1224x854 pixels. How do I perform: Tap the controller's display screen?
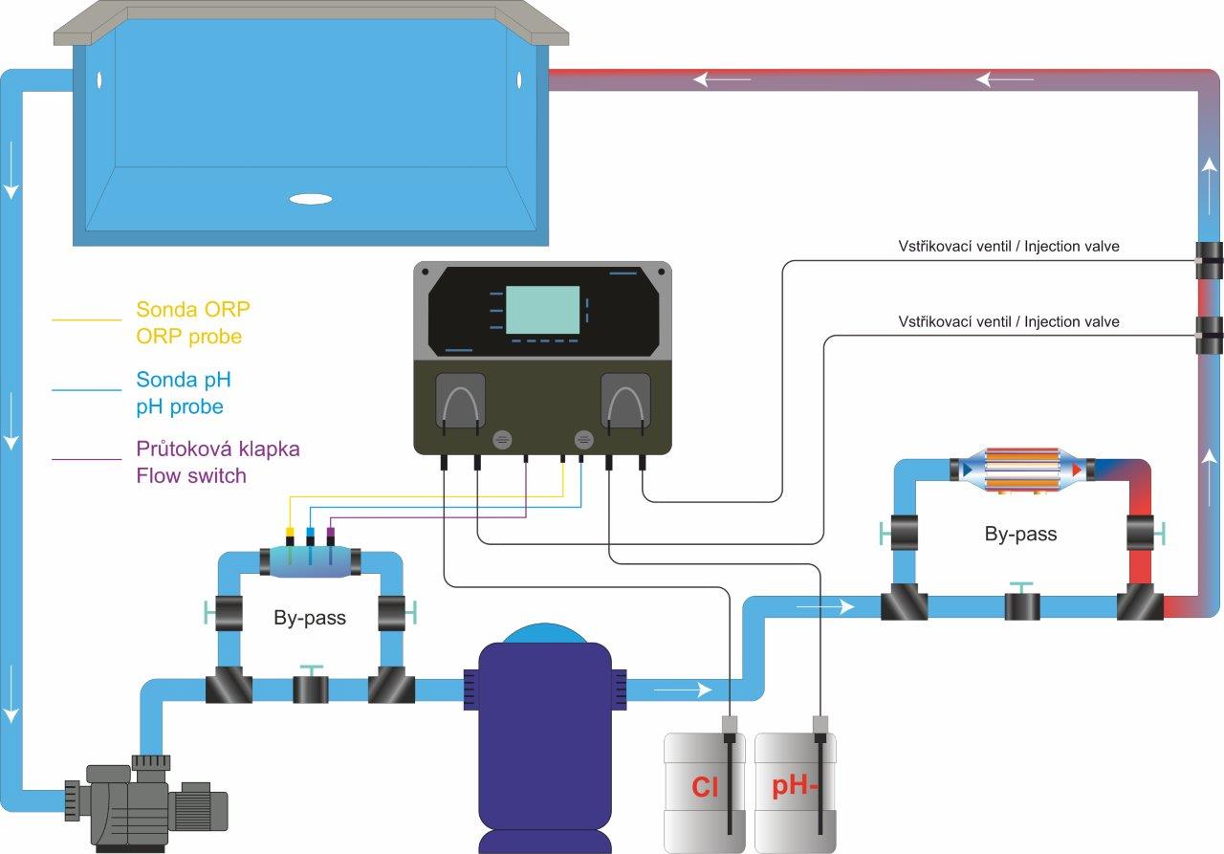tap(542, 309)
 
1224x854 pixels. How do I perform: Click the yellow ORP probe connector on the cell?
tap(290, 535)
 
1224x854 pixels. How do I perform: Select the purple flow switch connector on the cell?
tap(331, 535)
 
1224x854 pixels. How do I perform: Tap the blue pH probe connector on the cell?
tap(310, 535)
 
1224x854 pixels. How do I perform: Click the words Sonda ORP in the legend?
tap(196, 309)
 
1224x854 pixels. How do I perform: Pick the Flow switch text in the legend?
tap(191, 475)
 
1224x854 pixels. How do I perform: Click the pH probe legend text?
tap(180, 406)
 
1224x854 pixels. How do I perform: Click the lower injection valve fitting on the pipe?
tap(1209, 334)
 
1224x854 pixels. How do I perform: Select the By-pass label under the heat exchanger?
tap(1021, 534)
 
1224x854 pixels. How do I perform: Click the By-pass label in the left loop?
tap(310, 618)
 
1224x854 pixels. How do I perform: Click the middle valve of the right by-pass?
tap(1022, 604)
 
